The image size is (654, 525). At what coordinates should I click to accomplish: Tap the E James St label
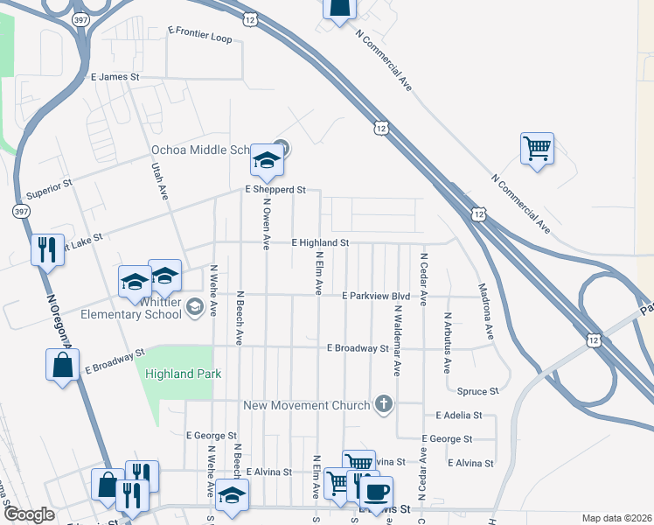[x=115, y=77]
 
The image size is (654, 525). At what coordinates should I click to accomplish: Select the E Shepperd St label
[x=275, y=189]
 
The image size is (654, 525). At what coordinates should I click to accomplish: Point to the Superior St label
[x=49, y=190]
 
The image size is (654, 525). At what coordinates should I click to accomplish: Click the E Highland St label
[x=320, y=241]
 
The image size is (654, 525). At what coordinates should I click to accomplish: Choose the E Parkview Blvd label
[x=376, y=296]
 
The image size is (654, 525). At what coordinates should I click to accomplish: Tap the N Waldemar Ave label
[x=397, y=340]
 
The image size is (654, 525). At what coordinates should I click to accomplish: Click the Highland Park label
[x=183, y=374]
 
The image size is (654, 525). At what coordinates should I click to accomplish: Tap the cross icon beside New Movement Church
[x=382, y=404]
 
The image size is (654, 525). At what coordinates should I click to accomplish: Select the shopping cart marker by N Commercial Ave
[x=537, y=148]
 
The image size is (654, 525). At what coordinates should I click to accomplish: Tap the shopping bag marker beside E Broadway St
[x=64, y=365]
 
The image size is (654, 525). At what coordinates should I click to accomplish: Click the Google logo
[x=29, y=514]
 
